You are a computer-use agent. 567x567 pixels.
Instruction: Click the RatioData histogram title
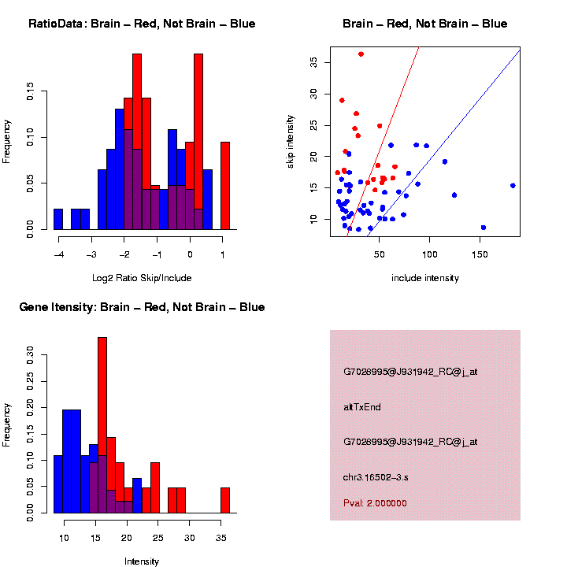tap(142, 24)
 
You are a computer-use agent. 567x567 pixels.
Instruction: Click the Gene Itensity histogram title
tap(142, 307)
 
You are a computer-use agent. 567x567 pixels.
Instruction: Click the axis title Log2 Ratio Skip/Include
tap(142, 278)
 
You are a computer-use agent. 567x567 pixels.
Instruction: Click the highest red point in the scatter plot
tap(361, 54)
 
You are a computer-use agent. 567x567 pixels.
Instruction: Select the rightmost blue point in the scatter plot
tap(513, 186)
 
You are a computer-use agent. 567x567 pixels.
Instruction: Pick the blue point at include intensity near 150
tap(483, 227)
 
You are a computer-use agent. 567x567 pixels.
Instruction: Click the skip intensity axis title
tap(291, 141)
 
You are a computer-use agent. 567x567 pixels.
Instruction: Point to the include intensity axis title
tap(425, 278)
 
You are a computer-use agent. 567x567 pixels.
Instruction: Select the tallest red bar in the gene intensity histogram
tap(102, 425)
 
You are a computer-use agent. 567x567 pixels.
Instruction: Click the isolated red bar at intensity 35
tap(225, 500)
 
